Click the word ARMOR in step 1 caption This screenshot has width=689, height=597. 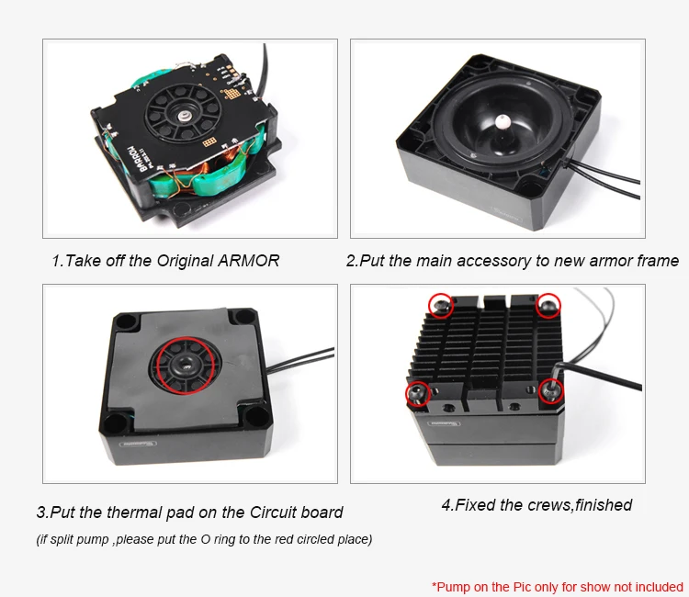[249, 261]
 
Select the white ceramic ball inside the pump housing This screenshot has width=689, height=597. [502, 121]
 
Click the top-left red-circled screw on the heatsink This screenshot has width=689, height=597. [441, 305]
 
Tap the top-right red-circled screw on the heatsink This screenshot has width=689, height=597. [548, 304]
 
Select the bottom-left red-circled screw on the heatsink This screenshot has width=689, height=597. [417, 394]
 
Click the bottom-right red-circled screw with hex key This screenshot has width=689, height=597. [551, 390]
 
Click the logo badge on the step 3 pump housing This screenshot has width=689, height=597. [139, 444]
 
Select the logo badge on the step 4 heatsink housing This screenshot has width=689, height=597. [445, 423]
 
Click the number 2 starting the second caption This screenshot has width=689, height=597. [351, 261]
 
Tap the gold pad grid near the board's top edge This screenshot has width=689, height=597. [232, 94]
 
